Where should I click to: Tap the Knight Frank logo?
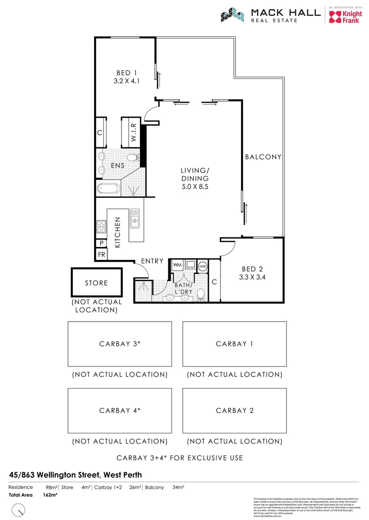tap(345, 15)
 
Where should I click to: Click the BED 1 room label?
tap(126, 73)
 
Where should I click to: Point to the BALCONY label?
tap(263, 157)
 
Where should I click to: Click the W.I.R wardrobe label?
tap(134, 132)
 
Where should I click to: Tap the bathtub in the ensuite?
tap(108, 188)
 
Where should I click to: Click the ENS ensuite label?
tap(117, 166)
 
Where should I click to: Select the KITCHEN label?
tap(117, 232)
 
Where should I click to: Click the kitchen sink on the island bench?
tap(135, 218)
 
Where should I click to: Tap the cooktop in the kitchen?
tap(102, 226)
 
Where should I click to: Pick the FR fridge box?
tap(102, 253)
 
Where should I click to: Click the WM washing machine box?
tap(177, 265)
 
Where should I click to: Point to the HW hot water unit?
tap(203, 266)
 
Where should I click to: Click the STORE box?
tap(96, 283)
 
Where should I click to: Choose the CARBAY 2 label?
tap(234, 411)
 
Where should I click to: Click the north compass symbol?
tap(19, 509)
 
